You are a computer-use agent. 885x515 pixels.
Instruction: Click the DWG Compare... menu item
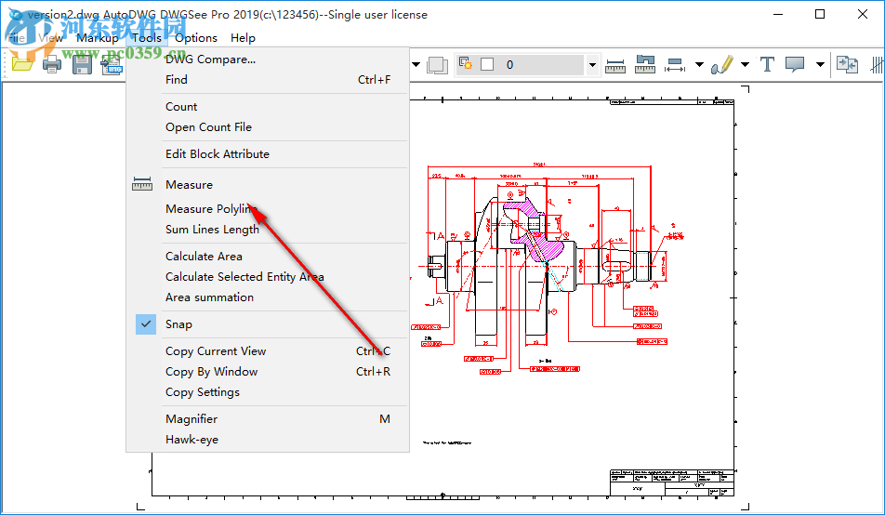coord(210,59)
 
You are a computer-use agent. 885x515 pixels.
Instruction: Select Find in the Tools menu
coord(177,80)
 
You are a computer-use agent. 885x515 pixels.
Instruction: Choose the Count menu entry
coord(181,107)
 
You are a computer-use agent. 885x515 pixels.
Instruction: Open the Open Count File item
coord(208,127)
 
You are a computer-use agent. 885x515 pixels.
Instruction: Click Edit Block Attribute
coord(218,154)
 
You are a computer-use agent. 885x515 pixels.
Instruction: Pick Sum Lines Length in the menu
coord(212,230)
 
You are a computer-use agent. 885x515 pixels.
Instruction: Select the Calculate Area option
coord(204,257)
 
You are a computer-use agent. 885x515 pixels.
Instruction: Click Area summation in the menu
coord(209,297)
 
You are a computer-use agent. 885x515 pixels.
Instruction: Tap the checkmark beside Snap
coord(146,324)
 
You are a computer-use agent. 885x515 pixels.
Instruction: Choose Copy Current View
coord(216,351)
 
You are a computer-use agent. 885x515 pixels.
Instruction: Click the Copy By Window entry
coord(211,372)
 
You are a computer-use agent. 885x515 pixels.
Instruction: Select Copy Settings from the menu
coord(203,392)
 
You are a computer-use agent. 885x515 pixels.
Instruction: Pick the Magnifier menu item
coord(192,419)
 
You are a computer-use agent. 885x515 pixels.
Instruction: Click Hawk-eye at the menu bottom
coord(192,440)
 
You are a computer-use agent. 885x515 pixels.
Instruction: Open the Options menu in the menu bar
coord(196,38)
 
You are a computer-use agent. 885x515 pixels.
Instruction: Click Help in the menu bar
coord(243,38)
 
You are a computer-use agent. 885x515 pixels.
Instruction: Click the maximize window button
coord(819,14)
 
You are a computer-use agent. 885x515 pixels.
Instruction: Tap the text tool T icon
coord(767,64)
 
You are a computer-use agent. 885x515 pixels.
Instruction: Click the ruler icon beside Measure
coord(142,185)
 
